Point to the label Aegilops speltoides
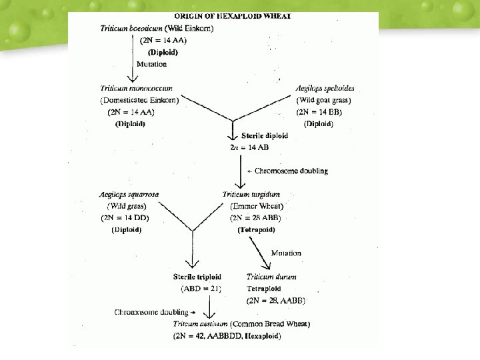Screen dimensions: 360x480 pyautogui.click(x=325, y=89)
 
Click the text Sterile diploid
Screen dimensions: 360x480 pyautogui.click(x=265, y=135)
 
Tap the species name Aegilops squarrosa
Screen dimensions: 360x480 pyautogui.click(x=129, y=194)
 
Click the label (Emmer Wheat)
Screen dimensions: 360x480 pyautogui.click(x=257, y=206)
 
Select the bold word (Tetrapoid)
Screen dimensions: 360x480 pyautogui.click(x=256, y=229)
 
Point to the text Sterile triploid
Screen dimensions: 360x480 pyautogui.click(x=197, y=277)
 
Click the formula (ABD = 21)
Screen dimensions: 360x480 pyautogui.click(x=201, y=289)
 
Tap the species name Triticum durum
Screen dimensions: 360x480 pyautogui.click(x=271, y=277)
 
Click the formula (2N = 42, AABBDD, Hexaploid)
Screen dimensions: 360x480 pyautogui.click(x=227, y=336)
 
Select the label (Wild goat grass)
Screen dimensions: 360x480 pyautogui.click(x=324, y=100)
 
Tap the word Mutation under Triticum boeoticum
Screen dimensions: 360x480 pyautogui.click(x=151, y=64)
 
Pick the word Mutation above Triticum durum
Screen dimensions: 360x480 pyautogui.click(x=286, y=253)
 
